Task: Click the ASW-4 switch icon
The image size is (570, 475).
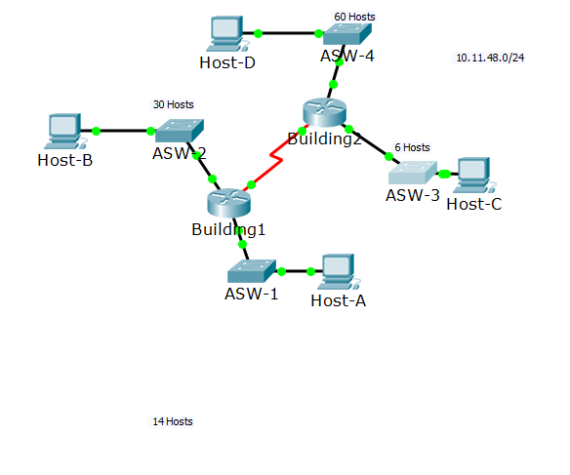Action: click(347, 34)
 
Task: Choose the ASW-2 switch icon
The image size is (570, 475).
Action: click(180, 131)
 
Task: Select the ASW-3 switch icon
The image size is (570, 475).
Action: click(413, 173)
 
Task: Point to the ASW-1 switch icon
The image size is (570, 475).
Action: click(252, 271)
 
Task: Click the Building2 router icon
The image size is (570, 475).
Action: click(324, 112)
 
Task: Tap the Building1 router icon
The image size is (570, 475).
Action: click(229, 203)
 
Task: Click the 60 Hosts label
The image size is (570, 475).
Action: click(354, 17)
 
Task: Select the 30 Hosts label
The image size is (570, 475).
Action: click(174, 104)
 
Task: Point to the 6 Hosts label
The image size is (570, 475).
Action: click(412, 147)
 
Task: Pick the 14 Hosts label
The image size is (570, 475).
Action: click(173, 421)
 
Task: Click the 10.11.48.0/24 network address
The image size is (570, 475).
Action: click(490, 58)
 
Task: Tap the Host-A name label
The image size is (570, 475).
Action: click(338, 300)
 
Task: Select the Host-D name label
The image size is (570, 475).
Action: click(227, 62)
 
